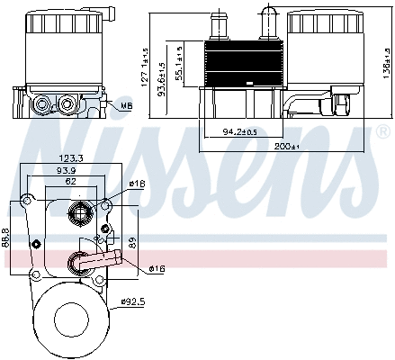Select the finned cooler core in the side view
pyautogui.click(x=240, y=64)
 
